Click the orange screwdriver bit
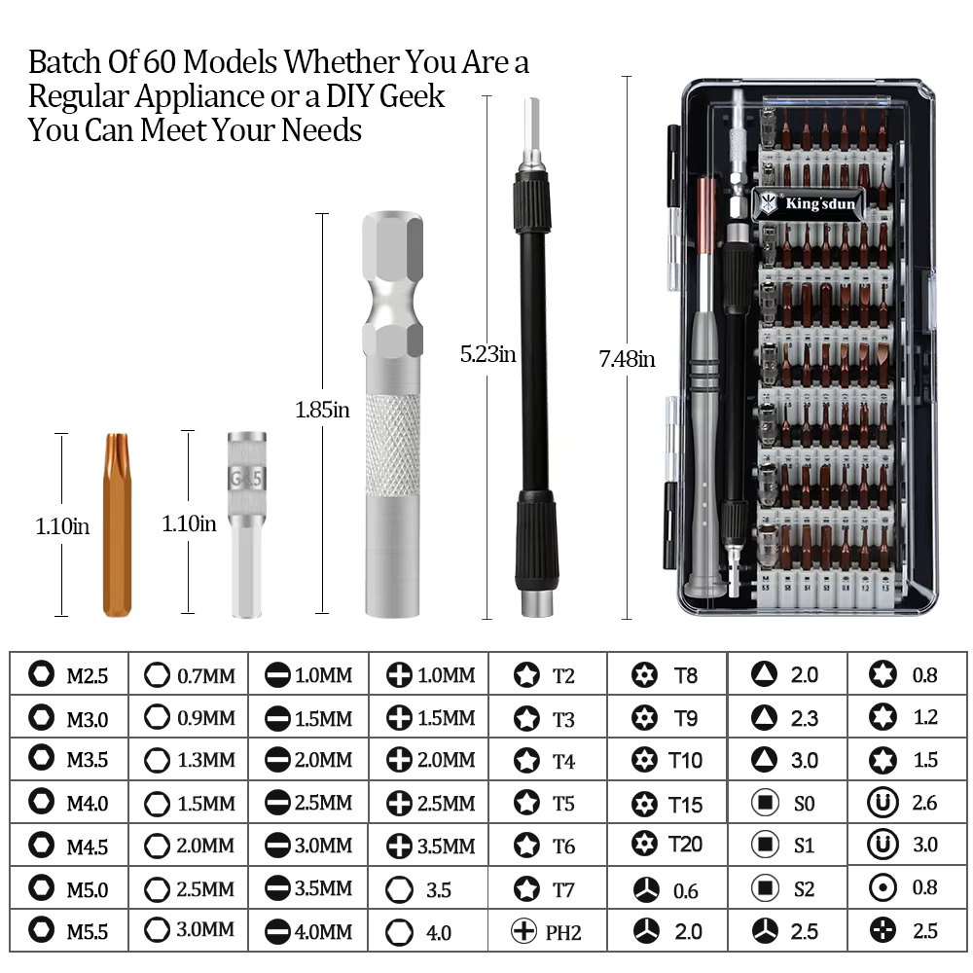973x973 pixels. [x=118, y=525]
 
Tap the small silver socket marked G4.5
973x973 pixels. [x=246, y=525]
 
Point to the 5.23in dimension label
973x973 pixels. [x=487, y=354]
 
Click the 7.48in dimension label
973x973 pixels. [x=627, y=359]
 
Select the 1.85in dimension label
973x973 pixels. [x=322, y=410]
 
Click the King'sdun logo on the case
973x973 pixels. [x=808, y=203]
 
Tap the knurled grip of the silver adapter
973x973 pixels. [x=392, y=445]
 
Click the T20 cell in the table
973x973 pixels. [x=667, y=844]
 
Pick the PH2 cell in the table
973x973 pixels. [x=547, y=931]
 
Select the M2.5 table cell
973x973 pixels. [x=69, y=674]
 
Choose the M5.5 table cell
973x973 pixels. [x=69, y=931]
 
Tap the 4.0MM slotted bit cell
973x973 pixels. [x=308, y=931]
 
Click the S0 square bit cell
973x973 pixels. [x=787, y=803]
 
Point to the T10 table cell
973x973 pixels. [x=667, y=760]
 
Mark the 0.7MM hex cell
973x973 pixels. [x=189, y=674]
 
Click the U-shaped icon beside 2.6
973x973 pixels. [x=883, y=803]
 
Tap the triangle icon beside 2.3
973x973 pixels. [x=764, y=717]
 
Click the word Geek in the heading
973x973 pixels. [x=412, y=96]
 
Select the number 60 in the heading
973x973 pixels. [x=161, y=61]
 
